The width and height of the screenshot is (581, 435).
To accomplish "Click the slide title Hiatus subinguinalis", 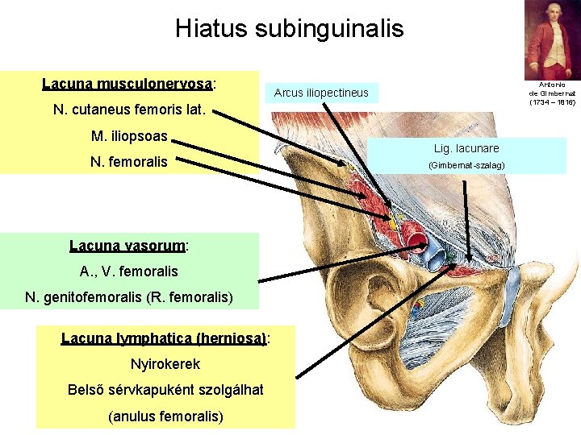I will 289,30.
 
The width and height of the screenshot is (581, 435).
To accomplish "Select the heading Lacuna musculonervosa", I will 133,83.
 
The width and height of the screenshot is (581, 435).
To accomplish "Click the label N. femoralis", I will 129,161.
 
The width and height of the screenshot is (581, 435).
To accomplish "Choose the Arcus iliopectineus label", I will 321,93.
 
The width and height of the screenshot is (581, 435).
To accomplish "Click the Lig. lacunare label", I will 466,148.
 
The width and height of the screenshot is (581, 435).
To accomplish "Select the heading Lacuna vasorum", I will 129,245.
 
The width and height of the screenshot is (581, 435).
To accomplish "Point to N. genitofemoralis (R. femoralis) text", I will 129,298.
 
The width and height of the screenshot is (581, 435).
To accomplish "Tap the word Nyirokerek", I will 165,364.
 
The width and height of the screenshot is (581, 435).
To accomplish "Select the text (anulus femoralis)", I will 165,416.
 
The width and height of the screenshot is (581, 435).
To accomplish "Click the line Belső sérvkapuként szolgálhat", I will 165,390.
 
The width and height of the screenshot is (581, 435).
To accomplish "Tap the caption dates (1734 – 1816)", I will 553,102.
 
